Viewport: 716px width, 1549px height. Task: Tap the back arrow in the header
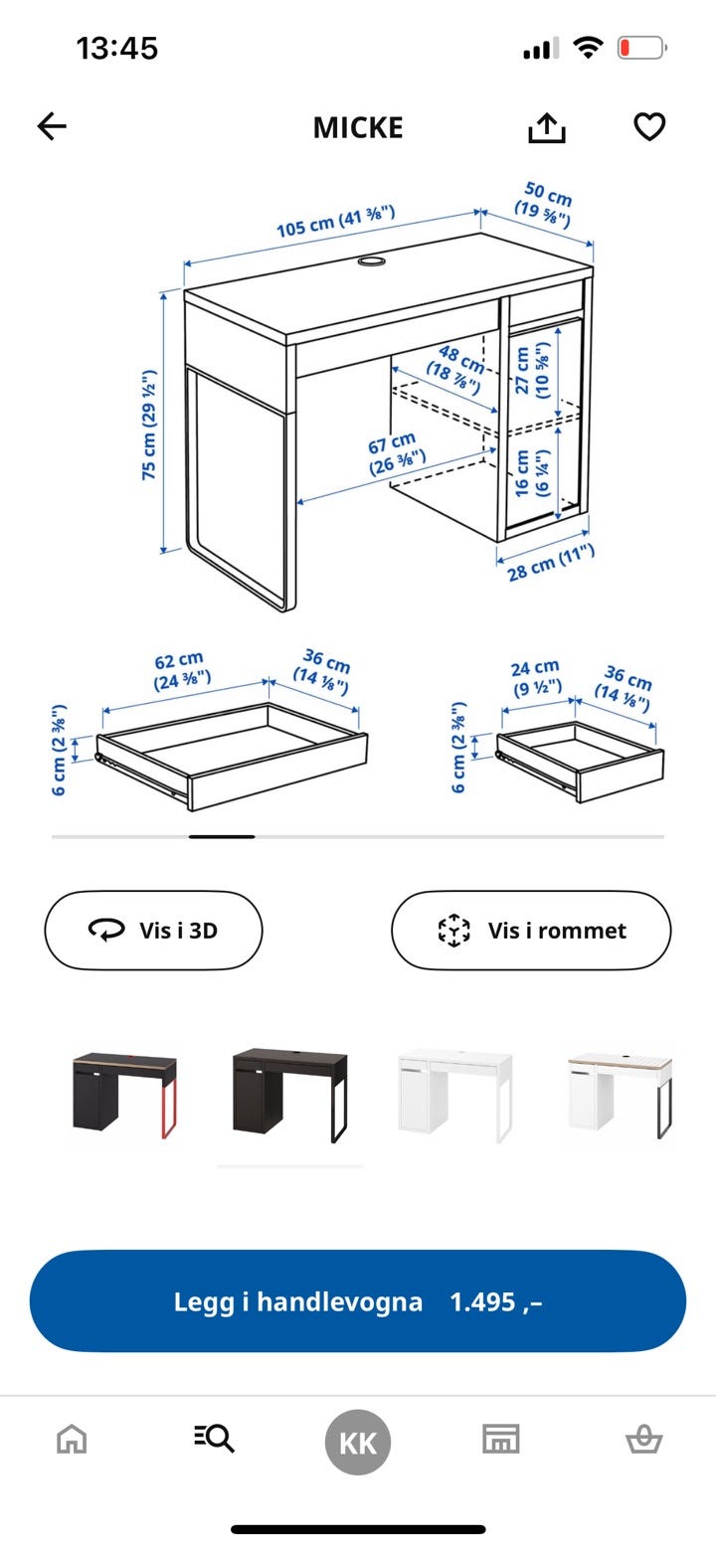pos(52,126)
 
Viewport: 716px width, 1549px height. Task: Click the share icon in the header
pos(547,127)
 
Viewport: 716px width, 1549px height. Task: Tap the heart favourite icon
pos(649,126)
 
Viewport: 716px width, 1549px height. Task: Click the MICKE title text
pos(358,128)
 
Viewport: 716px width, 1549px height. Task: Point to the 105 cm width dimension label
pos(335,222)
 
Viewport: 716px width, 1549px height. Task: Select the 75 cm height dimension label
pos(149,426)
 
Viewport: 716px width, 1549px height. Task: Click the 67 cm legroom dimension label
pos(396,453)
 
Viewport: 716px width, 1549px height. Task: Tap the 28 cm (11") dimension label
pos(551,562)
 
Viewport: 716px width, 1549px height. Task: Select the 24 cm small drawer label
pos(536,678)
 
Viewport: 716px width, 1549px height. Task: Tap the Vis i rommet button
pos(531,930)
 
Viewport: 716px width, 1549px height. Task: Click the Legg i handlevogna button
pos(358,1301)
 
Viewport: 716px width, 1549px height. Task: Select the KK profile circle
pos(358,1443)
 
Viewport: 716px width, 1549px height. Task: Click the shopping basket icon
pos(644,1440)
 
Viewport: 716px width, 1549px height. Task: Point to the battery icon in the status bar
pos(642,48)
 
